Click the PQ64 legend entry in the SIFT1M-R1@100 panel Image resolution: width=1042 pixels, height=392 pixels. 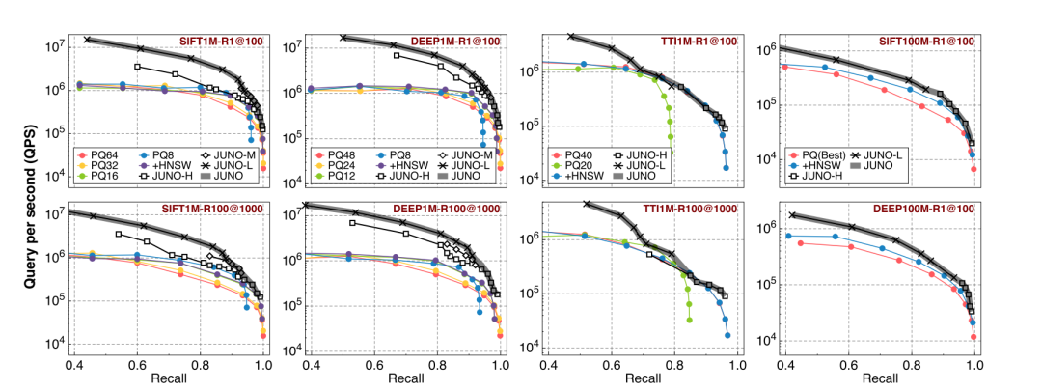pos(103,154)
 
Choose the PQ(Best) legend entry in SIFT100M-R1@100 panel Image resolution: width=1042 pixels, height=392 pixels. pos(822,154)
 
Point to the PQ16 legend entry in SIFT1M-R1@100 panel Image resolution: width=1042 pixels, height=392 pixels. pos(103,178)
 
